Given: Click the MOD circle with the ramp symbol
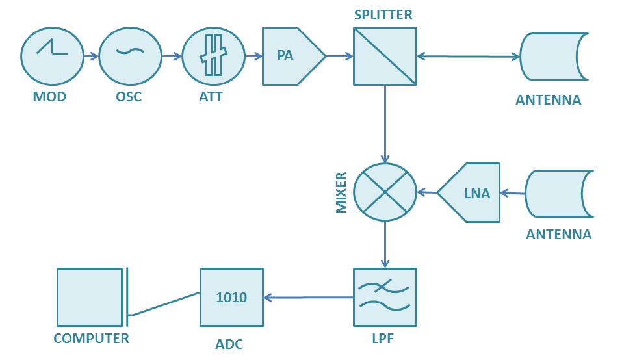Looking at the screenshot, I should click(53, 57).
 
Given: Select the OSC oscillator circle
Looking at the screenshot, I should click(131, 57).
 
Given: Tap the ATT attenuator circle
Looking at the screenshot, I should click(213, 57).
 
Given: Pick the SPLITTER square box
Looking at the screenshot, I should click(385, 57).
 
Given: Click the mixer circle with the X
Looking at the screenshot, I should click(385, 192).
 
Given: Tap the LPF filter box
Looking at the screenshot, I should click(385, 297).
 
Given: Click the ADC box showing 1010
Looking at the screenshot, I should click(231, 297).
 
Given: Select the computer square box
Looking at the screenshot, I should click(89, 297).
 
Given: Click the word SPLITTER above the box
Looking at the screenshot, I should click(383, 15).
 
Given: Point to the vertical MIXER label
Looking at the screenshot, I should click(341, 193).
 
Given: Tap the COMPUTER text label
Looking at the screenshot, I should click(91, 339).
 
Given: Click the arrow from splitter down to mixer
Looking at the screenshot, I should click(385, 123).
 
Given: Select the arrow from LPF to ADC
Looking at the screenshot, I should click(308, 298).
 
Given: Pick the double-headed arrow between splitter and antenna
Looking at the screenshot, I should click(468, 57).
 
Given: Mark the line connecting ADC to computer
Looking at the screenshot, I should click(164, 304).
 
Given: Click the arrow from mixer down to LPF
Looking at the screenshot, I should click(385, 244).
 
